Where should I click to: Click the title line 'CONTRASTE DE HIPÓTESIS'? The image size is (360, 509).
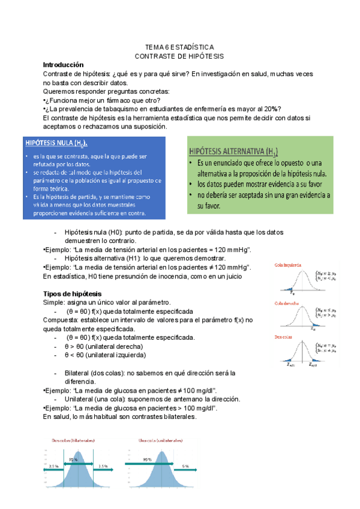[180, 56]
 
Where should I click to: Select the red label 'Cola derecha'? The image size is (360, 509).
[287, 303]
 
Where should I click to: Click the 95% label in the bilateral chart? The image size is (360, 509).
[73, 460]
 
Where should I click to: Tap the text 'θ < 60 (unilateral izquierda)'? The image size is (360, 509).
[104, 355]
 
